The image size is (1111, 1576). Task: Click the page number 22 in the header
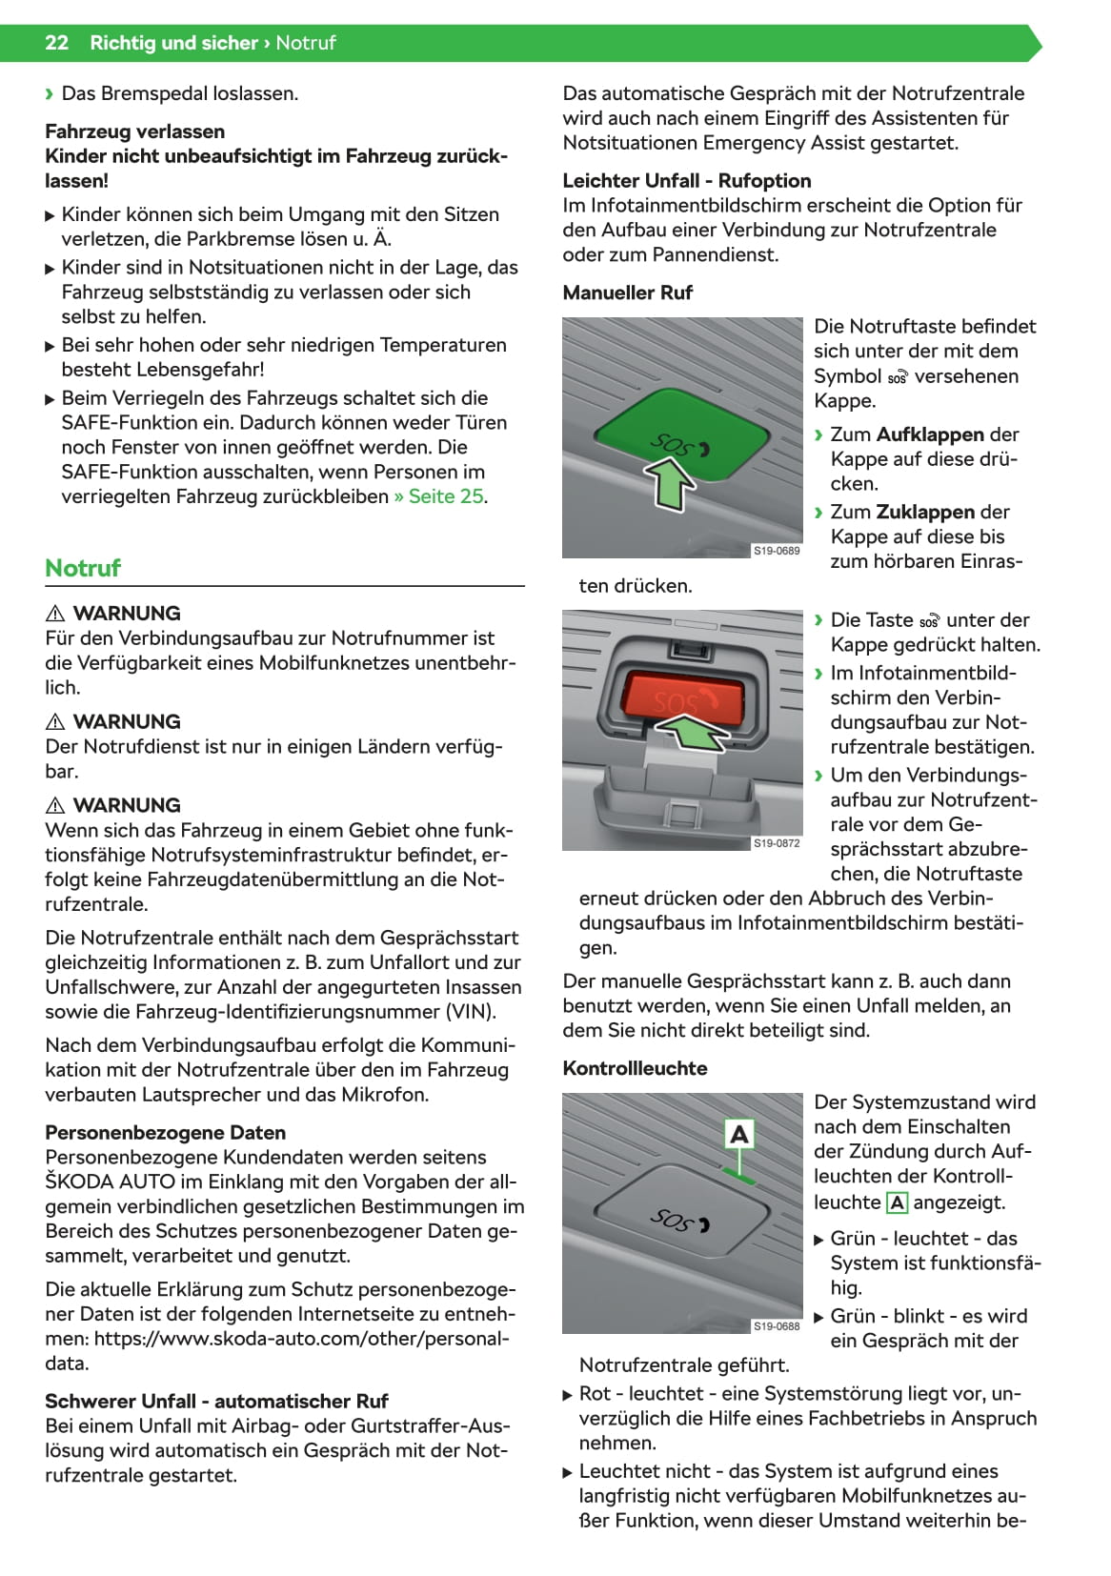(x=56, y=43)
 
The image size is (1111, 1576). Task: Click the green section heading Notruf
(x=83, y=568)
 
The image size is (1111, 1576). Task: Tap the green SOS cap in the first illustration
(x=682, y=433)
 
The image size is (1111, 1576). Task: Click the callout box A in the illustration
(x=739, y=1134)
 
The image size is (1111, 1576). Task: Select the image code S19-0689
(x=777, y=551)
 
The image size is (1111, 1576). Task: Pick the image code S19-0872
(x=777, y=843)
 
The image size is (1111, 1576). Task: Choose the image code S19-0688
(x=777, y=1326)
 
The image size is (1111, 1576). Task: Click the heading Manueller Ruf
(x=627, y=293)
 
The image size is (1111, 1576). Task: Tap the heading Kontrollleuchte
(x=635, y=1068)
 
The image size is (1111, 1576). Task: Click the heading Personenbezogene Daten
(x=166, y=1133)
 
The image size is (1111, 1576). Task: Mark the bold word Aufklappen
(x=929, y=434)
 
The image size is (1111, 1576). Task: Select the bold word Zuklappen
(x=925, y=512)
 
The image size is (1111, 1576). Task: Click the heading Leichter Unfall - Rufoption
(x=687, y=181)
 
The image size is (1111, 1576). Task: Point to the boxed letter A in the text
(x=897, y=1203)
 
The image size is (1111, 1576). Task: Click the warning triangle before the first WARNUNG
(x=55, y=614)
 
